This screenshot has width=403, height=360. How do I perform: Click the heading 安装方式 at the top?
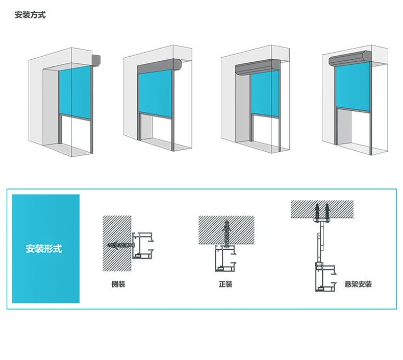[x=30, y=15]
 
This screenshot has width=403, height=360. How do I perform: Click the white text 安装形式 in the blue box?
[x=44, y=249]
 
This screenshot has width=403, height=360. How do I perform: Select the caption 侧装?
[x=118, y=284]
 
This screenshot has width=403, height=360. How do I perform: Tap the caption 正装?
[x=225, y=284]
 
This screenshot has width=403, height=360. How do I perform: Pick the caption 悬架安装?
[x=358, y=284]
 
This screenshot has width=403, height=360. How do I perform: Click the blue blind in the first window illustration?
[x=74, y=92]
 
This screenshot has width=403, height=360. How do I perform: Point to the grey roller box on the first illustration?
[x=96, y=60]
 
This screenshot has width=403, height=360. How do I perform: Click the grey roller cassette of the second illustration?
[x=160, y=65]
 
